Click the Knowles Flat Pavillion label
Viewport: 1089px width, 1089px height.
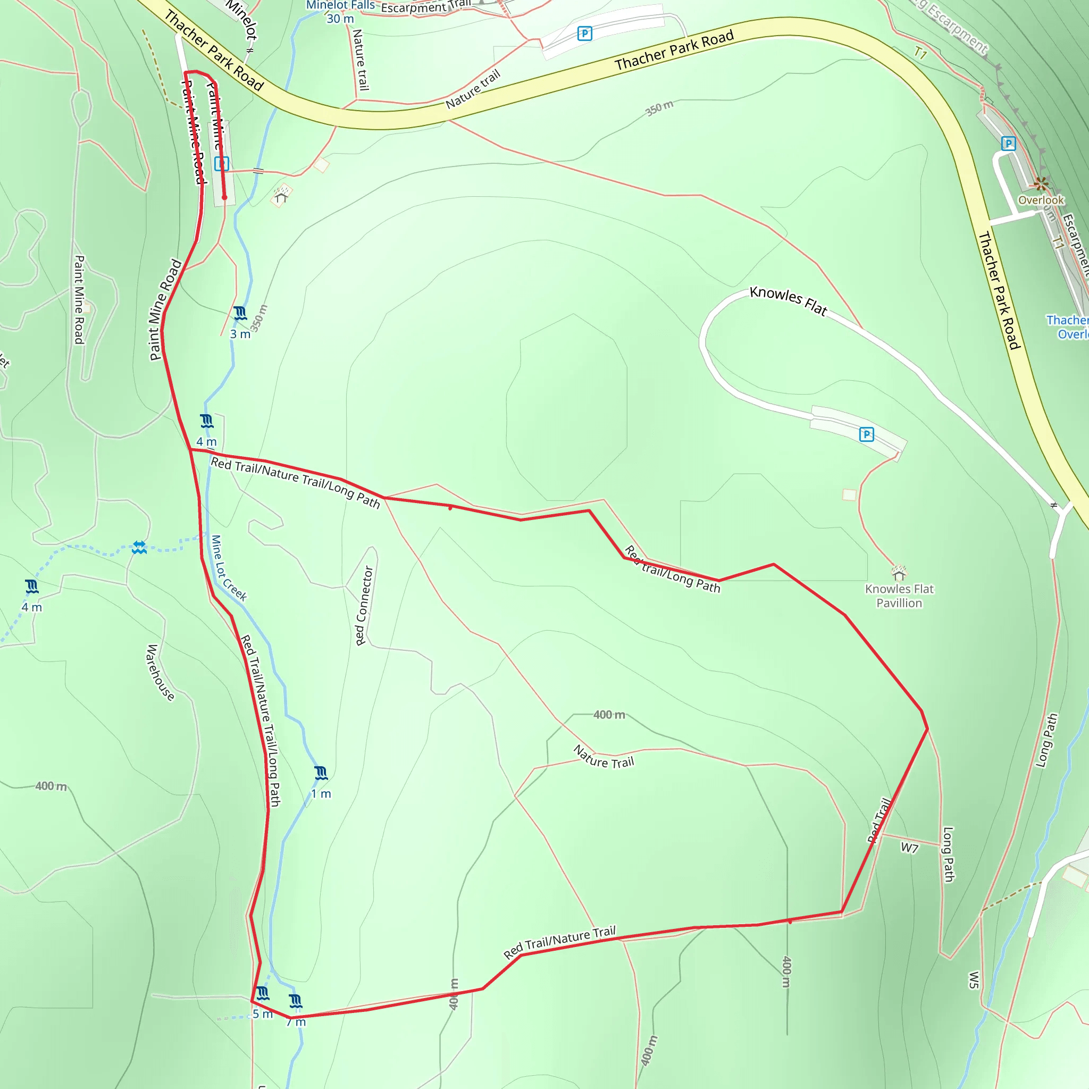point(899,596)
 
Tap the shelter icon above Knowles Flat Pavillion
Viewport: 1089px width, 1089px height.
point(899,573)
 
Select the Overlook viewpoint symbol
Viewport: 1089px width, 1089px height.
point(1041,184)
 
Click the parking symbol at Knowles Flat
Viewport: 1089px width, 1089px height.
point(866,434)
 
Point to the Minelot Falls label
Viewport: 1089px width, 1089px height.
point(340,5)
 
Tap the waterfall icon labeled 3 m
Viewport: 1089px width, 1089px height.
point(240,313)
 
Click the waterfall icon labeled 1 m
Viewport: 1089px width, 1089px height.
point(321,773)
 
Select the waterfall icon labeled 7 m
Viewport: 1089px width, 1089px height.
point(295,1001)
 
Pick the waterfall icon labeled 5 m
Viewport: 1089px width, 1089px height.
point(263,993)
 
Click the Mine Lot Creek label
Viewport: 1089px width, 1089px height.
point(228,568)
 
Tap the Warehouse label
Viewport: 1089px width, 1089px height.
point(160,673)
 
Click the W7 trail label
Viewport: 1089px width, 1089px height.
point(909,847)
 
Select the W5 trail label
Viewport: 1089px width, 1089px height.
point(974,979)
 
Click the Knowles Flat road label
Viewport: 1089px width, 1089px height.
point(788,300)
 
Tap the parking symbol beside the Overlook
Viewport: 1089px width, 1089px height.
point(1008,144)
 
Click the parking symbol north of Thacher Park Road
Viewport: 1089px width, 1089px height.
point(585,34)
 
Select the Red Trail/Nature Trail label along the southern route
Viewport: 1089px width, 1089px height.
point(560,942)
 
